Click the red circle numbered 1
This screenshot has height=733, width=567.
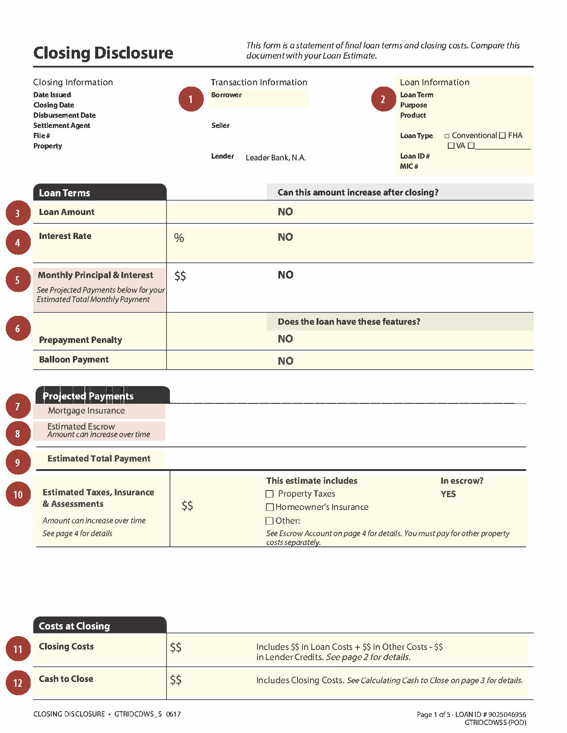pyautogui.click(x=191, y=99)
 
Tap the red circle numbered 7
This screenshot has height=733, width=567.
pyautogui.click(x=18, y=406)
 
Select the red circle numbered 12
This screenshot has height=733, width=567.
pyautogui.click(x=18, y=682)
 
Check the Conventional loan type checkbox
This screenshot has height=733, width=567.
pyautogui.click(x=447, y=136)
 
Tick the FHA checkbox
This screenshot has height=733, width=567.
pyautogui.click(x=503, y=135)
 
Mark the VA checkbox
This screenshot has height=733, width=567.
pyautogui.click(x=451, y=146)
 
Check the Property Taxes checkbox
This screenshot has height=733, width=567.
pyautogui.click(x=269, y=494)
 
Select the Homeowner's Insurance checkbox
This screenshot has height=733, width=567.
pyautogui.click(x=269, y=507)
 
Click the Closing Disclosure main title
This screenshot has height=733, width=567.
pyautogui.click(x=103, y=53)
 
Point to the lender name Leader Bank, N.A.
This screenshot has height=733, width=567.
pyautogui.click(x=275, y=158)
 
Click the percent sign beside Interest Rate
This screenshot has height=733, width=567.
pyautogui.click(x=179, y=238)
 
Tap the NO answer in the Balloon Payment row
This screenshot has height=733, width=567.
pyautogui.click(x=285, y=361)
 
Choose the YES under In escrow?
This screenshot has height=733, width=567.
pyautogui.click(x=448, y=494)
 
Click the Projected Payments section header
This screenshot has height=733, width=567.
pyautogui.click(x=88, y=396)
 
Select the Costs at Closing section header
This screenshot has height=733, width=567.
pyautogui.click(x=74, y=626)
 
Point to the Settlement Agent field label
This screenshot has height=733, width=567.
pyautogui.click(x=62, y=125)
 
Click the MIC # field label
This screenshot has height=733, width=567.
pyautogui.click(x=409, y=166)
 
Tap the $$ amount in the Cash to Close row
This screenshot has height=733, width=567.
pyautogui.click(x=176, y=679)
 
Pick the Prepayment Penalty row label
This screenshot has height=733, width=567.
pyautogui.click(x=80, y=340)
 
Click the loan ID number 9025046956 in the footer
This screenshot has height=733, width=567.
pyautogui.click(x=507, y=714)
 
